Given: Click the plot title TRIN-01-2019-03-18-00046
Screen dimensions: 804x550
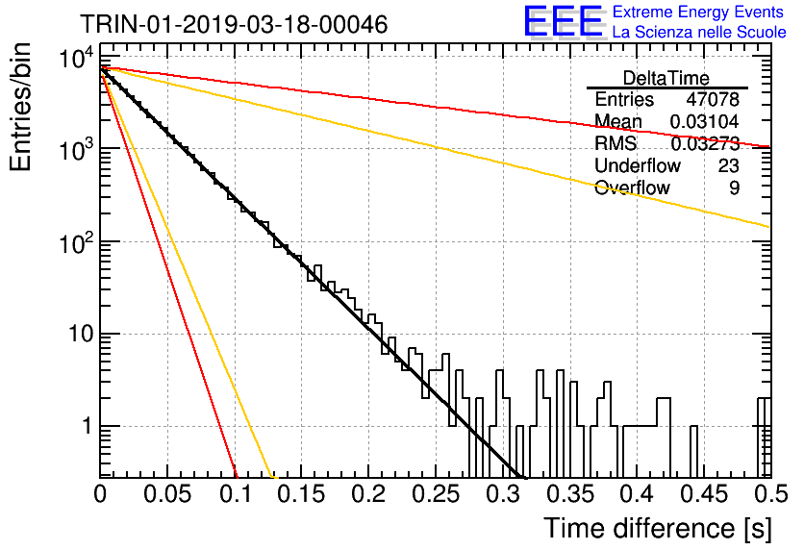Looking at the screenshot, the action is coord(234,24).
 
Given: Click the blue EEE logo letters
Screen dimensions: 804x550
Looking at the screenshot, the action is coord(564,21).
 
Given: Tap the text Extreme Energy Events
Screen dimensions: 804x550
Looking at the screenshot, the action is coord(698,12).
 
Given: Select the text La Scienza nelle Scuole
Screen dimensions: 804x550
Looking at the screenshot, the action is coord(699,33).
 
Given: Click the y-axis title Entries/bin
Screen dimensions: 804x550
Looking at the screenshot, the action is coord(20,107).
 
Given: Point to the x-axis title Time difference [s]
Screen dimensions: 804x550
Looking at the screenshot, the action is coord(658,529).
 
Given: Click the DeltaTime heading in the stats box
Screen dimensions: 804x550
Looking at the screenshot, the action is coord(666,78).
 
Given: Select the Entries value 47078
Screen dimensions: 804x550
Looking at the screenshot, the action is coord(713,99).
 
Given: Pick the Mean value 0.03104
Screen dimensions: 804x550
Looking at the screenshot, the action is coord(705,121).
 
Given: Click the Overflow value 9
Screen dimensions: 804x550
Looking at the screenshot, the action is coord(734,187).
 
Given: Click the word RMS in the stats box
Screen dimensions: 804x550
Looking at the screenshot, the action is coord(616,143).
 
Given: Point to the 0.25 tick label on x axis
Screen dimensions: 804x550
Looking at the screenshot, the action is coord(436,494).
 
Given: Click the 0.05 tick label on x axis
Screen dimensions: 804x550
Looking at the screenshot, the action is coord(167,494).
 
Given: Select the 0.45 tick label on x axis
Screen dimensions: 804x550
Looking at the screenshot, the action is coord(705,494).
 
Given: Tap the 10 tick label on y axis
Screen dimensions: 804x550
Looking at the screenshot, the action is coord(81,335).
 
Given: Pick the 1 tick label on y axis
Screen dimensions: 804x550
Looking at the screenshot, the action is coord(87,427).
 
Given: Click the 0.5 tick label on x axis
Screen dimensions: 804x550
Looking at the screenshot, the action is coord(771,494).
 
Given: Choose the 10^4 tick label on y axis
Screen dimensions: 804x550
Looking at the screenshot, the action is coord(76,58).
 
